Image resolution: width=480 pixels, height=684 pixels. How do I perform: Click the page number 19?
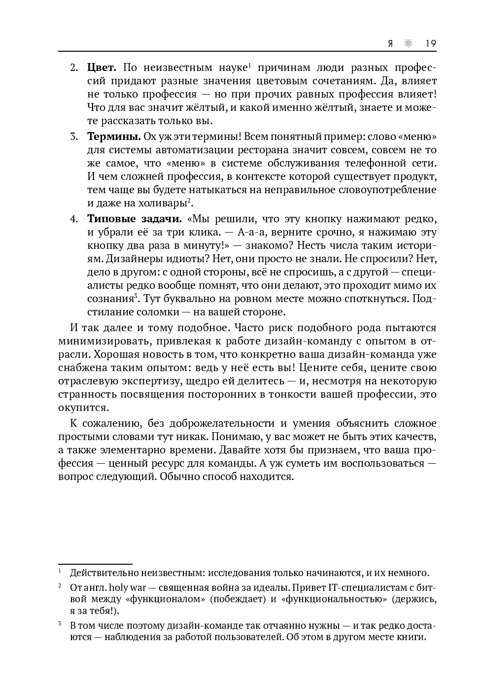click(431, 43)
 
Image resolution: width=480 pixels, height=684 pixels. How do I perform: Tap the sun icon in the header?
click(408, 43)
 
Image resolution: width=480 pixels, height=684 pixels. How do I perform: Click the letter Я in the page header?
click(390, 43)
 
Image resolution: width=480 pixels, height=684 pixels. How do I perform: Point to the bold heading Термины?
click(114, 137)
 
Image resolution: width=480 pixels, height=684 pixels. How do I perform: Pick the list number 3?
click(73, 137)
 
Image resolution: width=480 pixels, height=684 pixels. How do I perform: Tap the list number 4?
click(73, 219)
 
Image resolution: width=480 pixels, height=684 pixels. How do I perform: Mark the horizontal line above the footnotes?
click(95, 564)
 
